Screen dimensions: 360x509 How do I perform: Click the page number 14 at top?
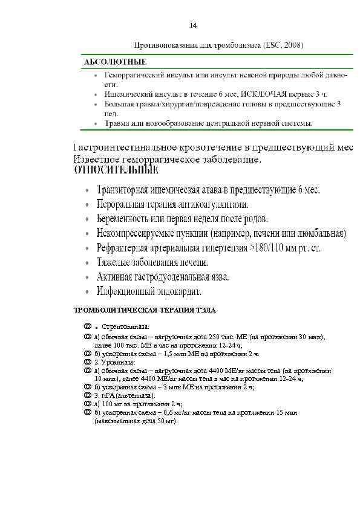point(193,25)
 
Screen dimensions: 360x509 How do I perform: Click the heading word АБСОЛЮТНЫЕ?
point(114,62)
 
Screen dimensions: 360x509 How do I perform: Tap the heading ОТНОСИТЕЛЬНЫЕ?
point(112,171)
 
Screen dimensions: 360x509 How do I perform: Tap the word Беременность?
point(124,218)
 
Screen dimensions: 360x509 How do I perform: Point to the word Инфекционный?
point(125,291)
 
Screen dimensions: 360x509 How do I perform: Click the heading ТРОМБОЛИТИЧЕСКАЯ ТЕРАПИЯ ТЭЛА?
point(145,310)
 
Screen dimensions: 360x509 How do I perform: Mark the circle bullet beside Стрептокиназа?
point(88,326)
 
